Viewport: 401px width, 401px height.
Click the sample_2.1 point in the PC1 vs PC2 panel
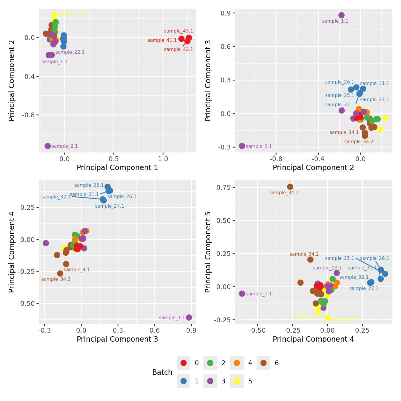[48, 146]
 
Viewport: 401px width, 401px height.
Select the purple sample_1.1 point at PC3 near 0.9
[189, 317]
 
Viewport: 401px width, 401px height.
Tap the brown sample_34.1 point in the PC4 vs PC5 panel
[290, 187]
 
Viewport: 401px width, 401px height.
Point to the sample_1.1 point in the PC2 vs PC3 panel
[342, 15]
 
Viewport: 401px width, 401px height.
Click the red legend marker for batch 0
[183, 363]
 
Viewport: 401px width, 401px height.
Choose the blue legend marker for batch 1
[183, 381]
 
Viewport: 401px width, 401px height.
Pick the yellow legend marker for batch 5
[237, 381]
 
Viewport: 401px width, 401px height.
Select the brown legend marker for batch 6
[263, 363]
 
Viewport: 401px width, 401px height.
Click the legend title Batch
[162, 372]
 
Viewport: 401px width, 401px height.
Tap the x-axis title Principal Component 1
[117, 168]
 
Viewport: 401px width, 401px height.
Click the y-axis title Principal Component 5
[208, 252]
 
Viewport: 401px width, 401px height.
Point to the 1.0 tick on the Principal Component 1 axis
[163, 159]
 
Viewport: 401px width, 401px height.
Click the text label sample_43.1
[178, 31]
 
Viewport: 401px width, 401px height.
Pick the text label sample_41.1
[162, 40]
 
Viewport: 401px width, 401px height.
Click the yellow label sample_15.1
[73, 14]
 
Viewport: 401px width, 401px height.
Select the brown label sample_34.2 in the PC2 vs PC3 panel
[359, 142]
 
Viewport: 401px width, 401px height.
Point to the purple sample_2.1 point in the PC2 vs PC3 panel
[242, 146]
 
